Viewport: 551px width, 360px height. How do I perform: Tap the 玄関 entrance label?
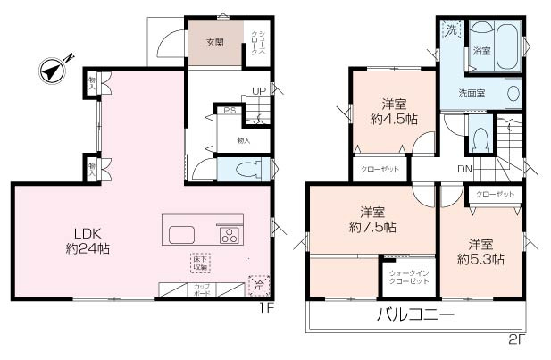point(214,43)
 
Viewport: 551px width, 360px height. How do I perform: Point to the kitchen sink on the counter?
point(182,236)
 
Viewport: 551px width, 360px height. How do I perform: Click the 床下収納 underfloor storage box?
point(199,263)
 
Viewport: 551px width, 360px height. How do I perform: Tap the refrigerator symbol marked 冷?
point(257,287)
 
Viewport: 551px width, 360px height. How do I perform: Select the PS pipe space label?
point(230,111)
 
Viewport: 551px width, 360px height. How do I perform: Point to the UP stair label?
point(258,91)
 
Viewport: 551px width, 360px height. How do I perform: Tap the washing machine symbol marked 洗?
point(451,31)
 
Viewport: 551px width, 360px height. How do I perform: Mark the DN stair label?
point(463,168)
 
